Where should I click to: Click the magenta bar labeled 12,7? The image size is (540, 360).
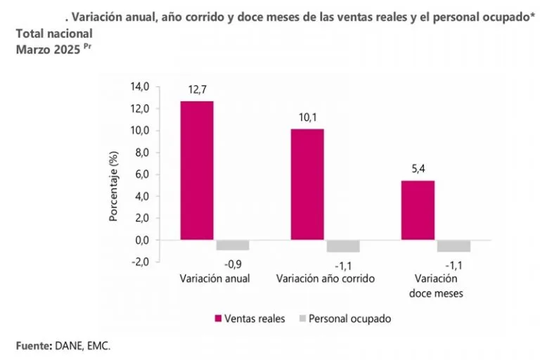197,170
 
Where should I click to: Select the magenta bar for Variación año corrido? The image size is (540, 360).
307,184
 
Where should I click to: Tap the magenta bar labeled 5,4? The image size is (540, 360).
418,210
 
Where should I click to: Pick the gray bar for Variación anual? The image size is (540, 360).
232,245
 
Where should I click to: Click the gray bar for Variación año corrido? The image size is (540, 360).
342,246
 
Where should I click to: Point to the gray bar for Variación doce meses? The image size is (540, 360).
454,246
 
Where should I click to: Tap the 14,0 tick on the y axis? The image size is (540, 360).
141,86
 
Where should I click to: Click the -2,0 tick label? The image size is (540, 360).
141,262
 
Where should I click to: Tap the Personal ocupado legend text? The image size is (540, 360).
350,319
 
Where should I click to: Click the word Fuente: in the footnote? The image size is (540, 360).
34,345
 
